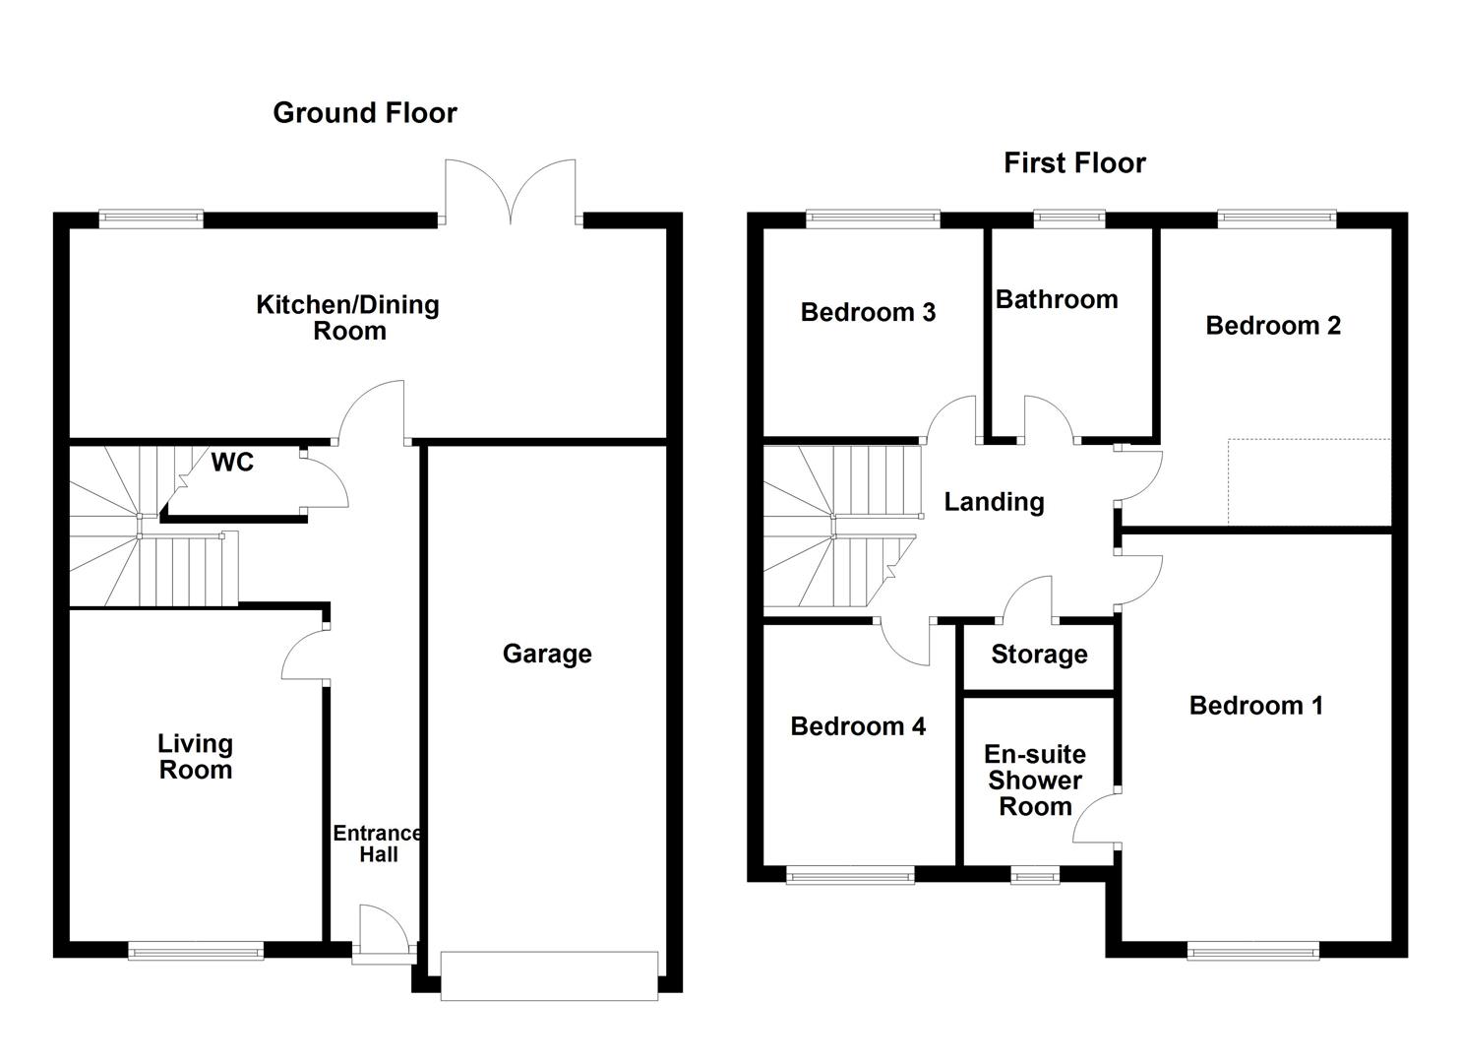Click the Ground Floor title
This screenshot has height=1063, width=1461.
364,113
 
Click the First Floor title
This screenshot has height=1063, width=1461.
1074,163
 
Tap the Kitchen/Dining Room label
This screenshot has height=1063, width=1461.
348,318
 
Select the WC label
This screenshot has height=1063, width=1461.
232,462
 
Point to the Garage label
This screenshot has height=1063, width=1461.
547,654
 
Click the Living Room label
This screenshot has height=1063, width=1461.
196,757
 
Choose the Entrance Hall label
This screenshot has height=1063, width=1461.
378,844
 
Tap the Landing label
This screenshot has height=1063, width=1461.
994,502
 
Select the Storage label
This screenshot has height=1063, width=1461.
1039,655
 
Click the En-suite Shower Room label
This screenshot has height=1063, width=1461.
1035,781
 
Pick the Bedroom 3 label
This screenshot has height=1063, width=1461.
868,313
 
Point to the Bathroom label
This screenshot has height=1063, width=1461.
1057,299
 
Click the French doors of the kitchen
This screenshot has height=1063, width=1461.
510,192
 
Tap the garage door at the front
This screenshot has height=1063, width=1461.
549,975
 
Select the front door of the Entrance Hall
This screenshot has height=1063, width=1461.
382,931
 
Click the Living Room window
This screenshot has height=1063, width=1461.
196,950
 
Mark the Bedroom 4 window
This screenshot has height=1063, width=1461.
850,874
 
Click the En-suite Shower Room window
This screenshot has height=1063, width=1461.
1035,874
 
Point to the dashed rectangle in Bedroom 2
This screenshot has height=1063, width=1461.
1309,481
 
